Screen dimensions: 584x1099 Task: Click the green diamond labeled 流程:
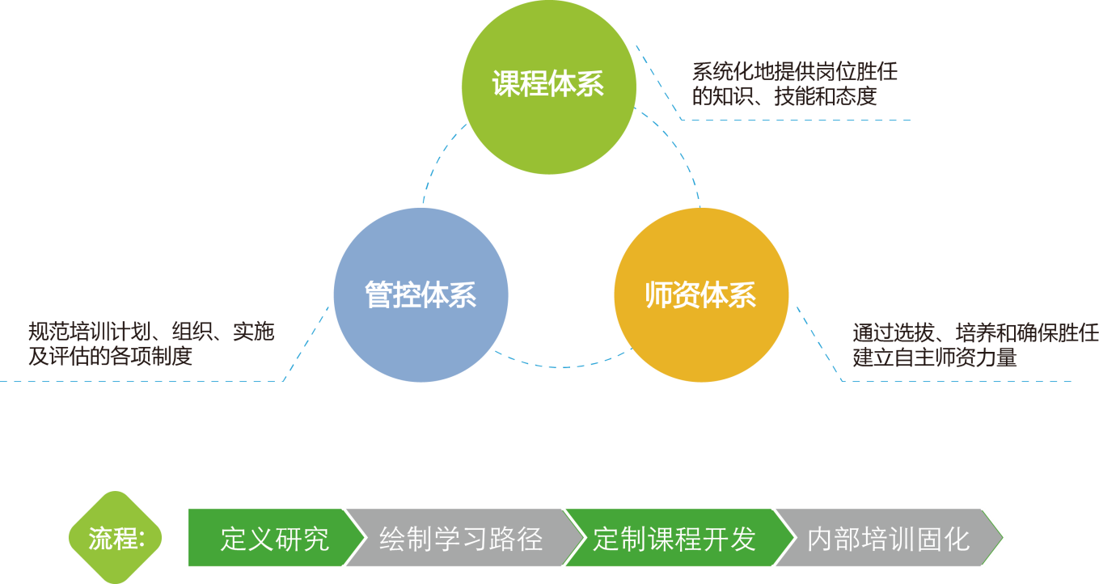click(x=115, y=538)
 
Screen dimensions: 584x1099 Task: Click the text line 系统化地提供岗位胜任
click(x=794, y=72)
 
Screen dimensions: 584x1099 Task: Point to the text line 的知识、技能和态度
click(x=784, y=97)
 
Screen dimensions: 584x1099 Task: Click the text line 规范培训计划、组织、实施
click(x=151, y=332)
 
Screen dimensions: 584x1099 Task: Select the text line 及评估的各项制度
click(x=110, y=357)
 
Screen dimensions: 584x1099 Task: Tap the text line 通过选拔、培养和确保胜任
click(x=975, y=332)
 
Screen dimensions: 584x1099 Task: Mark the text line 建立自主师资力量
click(x=934, y=358)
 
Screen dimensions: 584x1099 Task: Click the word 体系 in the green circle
click(x=576, y=84)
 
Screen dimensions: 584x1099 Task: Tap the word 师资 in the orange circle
click(x=673, y=295)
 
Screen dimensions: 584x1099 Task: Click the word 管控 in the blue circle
click(x=392, y=295)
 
